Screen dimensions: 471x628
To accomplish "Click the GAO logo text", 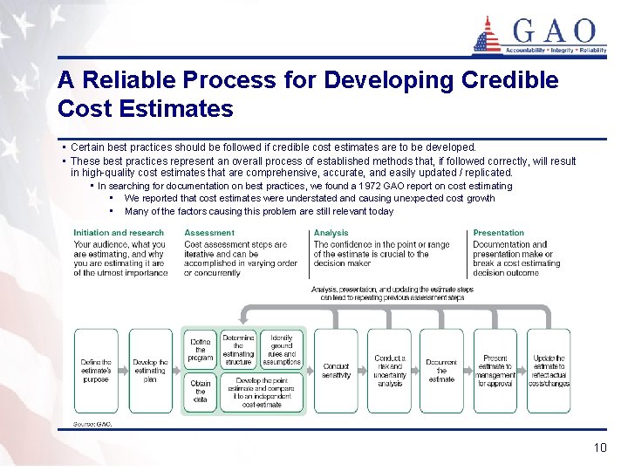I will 556,32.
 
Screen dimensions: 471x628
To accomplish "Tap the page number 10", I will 599,447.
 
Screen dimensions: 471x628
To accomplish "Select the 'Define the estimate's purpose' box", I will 96,371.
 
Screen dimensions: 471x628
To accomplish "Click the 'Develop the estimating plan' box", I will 150,371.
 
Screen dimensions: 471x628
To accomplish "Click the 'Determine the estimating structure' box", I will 238,349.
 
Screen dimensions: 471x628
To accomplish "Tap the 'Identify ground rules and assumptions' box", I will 282,349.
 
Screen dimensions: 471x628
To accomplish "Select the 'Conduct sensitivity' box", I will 336,371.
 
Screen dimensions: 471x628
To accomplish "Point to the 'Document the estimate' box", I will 441,371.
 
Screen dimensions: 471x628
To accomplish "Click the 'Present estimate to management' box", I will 495,371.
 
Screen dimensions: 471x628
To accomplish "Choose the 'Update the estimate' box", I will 549,371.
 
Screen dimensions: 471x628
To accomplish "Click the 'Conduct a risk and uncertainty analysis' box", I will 389,371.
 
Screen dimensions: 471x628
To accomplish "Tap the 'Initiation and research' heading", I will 119,233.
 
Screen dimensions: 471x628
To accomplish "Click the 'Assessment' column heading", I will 209,233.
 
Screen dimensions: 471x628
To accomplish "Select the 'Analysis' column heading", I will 331,233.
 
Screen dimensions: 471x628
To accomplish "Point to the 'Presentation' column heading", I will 498,233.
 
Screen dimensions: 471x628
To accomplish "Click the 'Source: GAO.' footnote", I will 92,424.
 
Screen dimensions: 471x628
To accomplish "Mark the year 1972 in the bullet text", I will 370,186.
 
